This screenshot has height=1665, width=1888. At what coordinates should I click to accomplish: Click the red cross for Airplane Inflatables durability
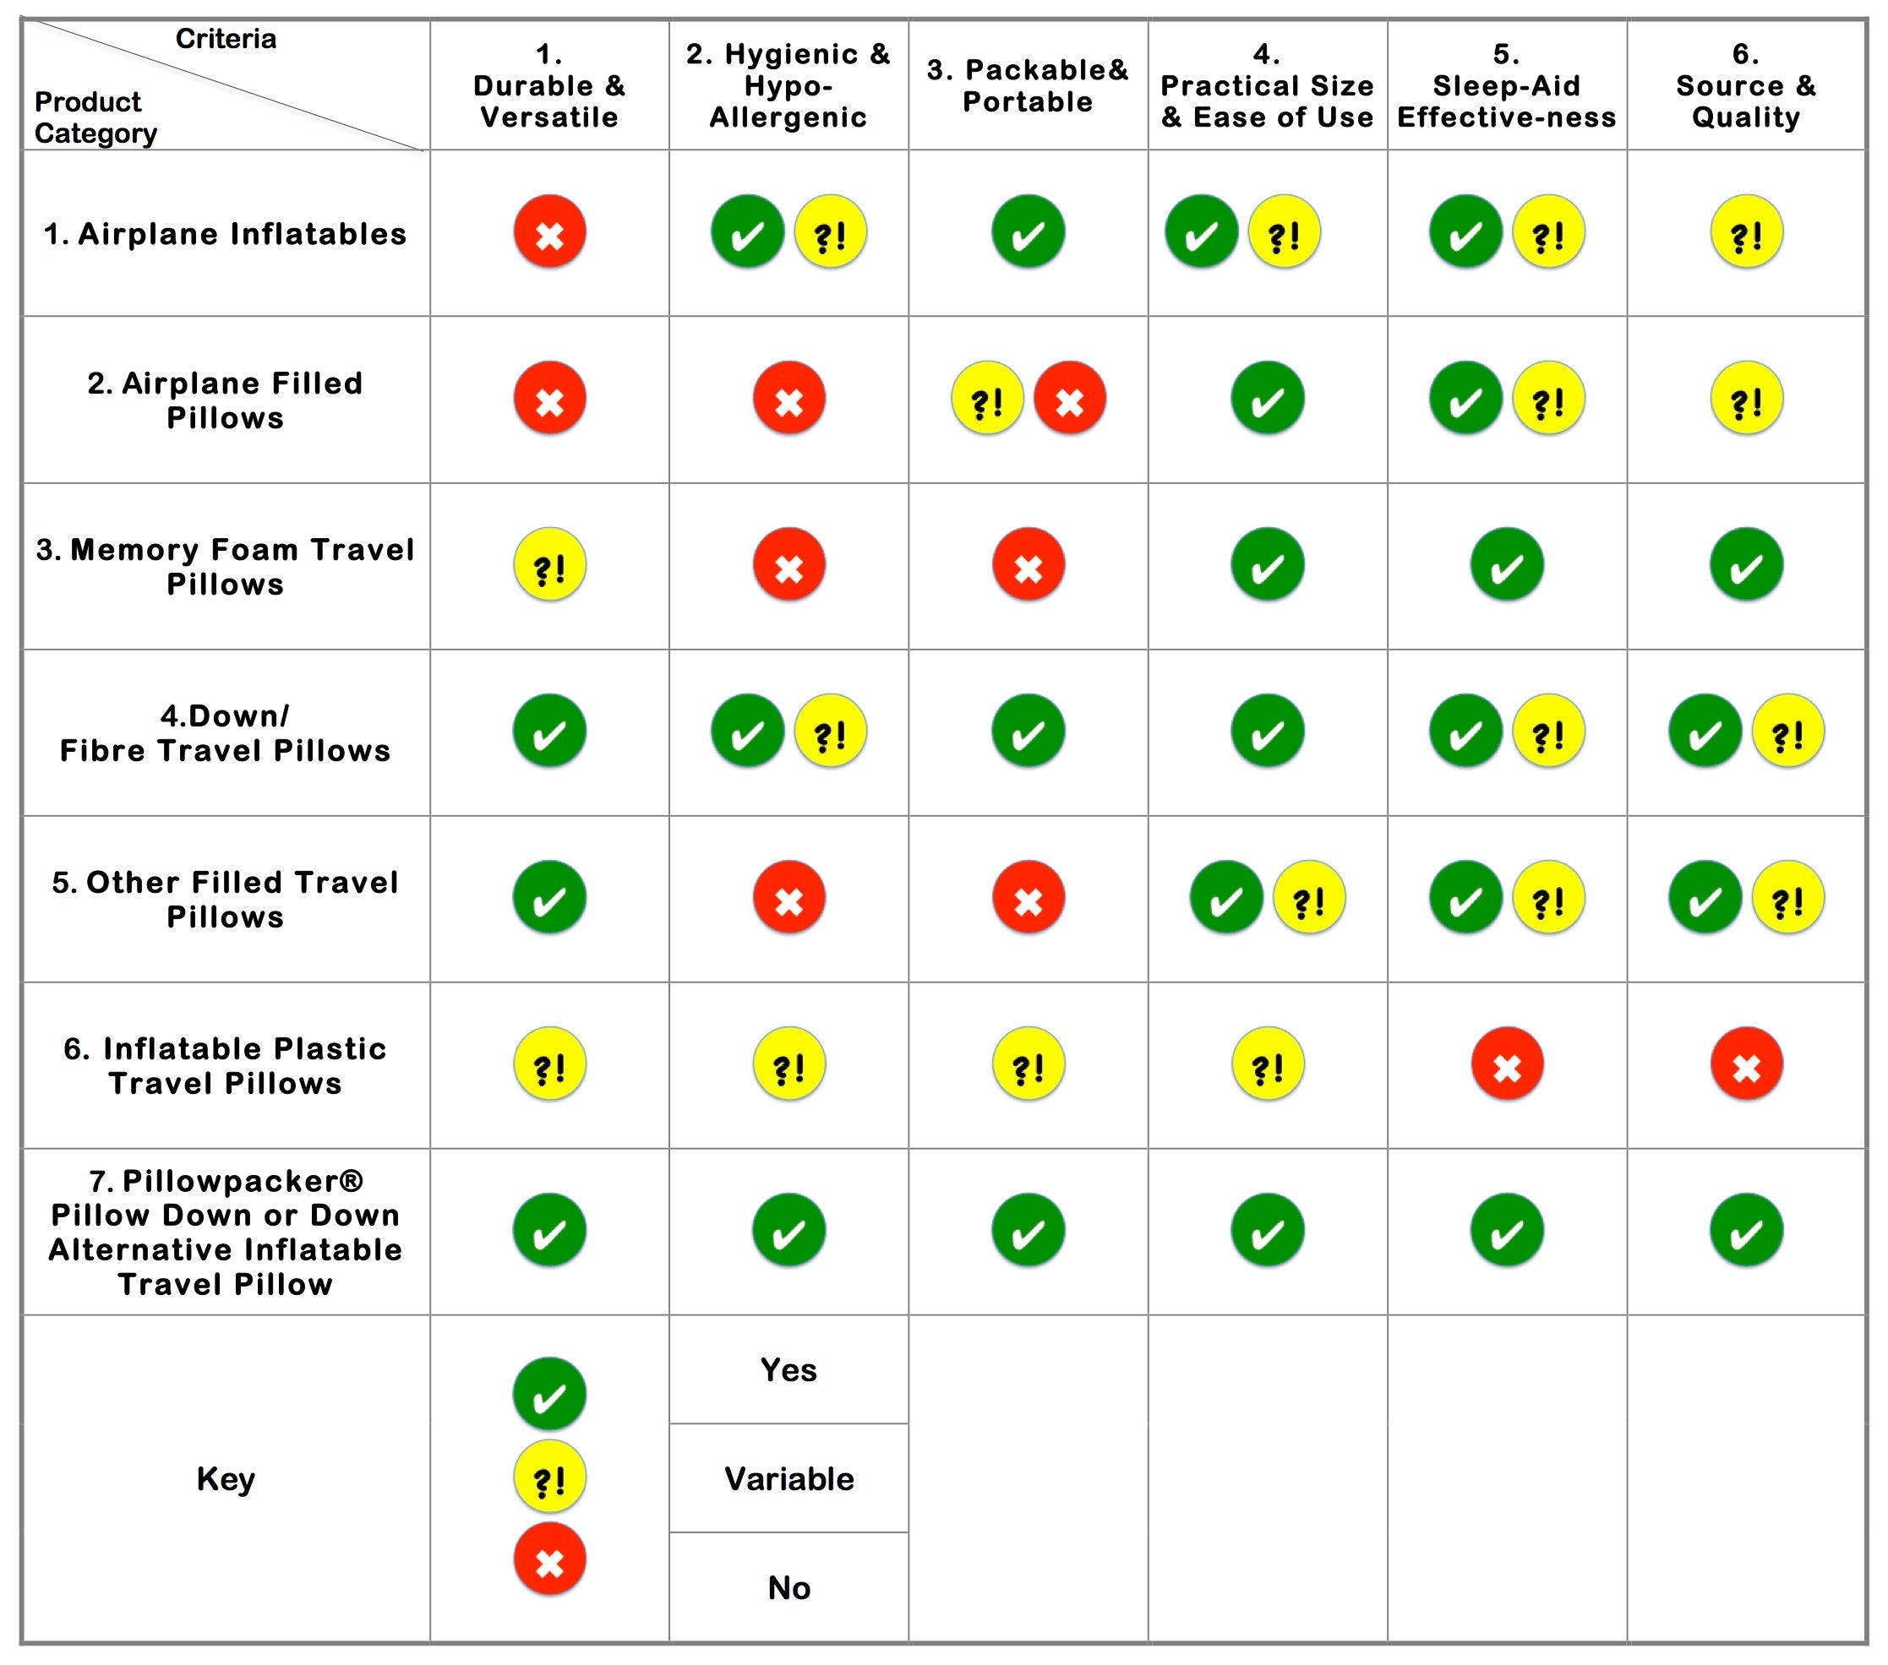click(549, 231)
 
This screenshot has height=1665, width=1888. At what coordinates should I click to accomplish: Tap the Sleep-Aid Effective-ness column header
click(1507, 86)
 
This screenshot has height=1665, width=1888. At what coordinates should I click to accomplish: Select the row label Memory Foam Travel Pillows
click(226, 566)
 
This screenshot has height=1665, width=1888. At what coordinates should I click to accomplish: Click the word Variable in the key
click(788, 1478)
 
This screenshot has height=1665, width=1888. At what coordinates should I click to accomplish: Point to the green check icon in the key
click(549, 1394)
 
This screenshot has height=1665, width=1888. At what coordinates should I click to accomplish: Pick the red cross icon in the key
click(549, 1559)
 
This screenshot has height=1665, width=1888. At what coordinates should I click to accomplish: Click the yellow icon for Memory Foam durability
click(549, 564)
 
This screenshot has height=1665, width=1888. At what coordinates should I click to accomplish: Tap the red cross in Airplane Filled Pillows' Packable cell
click(1070, 398)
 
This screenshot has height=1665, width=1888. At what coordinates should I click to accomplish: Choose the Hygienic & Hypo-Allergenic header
click(788, 86)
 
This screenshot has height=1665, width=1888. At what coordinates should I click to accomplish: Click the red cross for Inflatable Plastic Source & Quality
click(1746, 1064)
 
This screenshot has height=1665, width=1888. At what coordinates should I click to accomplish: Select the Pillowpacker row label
click(226, 1231)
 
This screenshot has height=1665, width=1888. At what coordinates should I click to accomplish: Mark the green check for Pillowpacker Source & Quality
click(1746, 1230)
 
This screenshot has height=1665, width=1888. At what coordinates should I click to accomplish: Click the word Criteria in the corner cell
click(226, 39)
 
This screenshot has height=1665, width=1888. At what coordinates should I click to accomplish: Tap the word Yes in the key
click(788, 1369)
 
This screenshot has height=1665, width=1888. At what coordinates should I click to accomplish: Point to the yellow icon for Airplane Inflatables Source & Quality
click(1746, 231)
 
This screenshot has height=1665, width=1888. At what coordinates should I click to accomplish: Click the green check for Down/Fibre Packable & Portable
click(1028, 731)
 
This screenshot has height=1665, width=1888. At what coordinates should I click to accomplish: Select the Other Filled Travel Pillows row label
click(226, 899)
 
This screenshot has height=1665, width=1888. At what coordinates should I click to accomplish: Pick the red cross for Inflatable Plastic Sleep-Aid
click(1507, 1064)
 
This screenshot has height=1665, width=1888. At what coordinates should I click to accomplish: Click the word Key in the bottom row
click(226, 1478)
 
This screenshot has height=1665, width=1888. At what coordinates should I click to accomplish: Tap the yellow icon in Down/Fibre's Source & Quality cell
click(1787, 731)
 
